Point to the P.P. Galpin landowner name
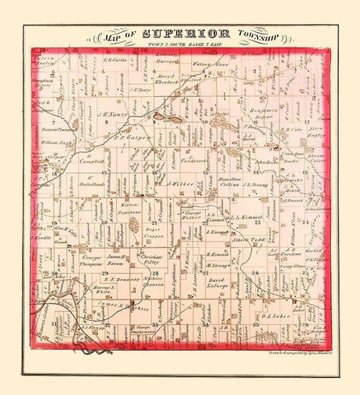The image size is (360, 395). point(133,138)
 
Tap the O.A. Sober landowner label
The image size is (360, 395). point(272,314)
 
